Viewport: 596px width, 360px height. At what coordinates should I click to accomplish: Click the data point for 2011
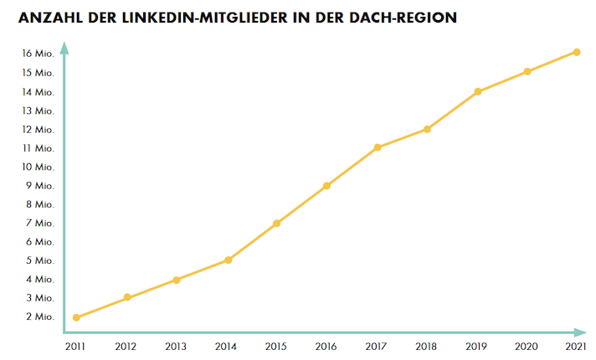point(77,317)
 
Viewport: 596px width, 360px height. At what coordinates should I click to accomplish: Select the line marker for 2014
point(228,260)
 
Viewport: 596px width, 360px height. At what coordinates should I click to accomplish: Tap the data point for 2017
point(378,147)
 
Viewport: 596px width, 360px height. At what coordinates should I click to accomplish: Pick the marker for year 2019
point(478,91)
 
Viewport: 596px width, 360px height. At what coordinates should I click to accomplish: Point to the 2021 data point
point(577,52)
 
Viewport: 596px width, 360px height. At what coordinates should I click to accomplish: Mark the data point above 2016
point(326,186)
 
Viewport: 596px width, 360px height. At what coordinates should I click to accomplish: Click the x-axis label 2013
point(176,347)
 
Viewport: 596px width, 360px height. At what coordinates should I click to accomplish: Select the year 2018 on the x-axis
point(426,347)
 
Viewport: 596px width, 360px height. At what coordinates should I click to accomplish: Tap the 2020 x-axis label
point(527,347)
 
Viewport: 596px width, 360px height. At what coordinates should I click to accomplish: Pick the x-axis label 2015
point(276,347)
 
